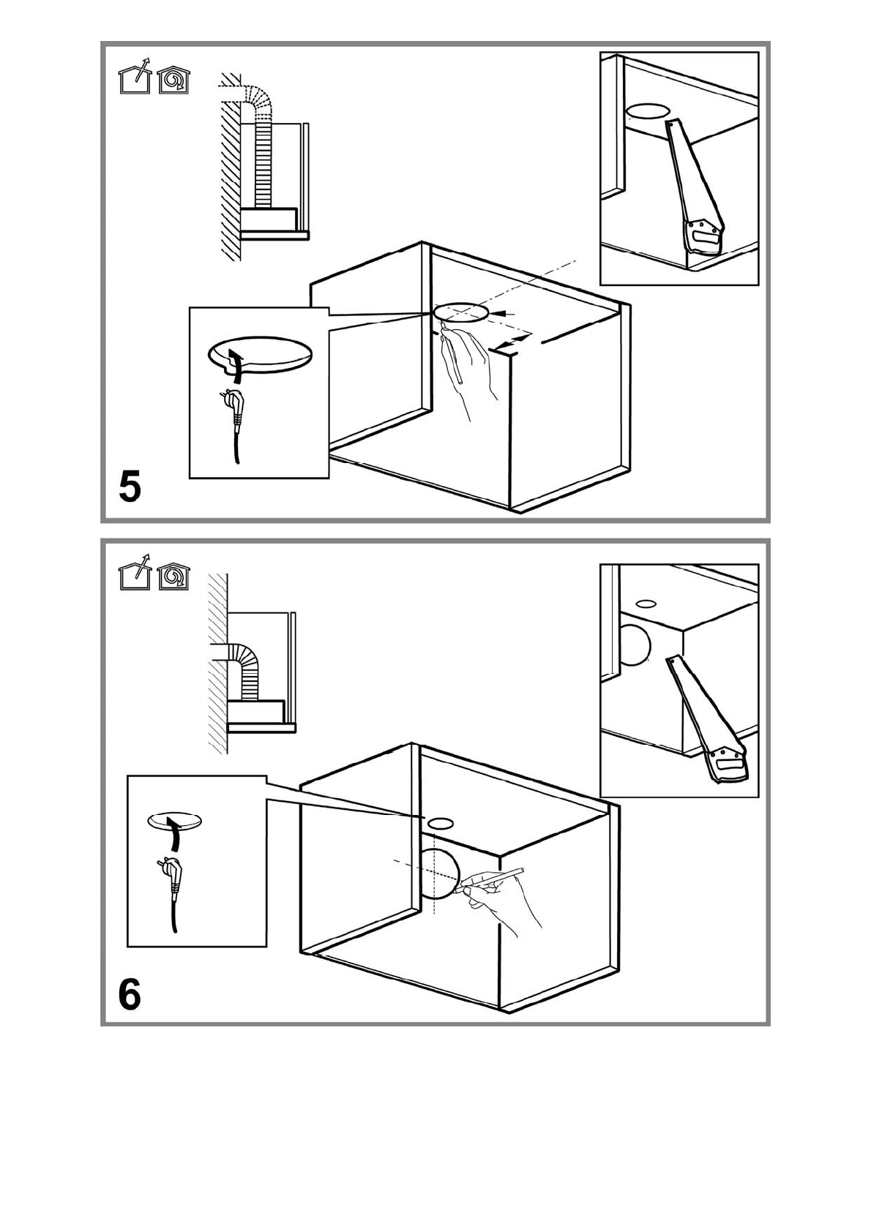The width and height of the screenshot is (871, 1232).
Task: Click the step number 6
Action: coord(130,994)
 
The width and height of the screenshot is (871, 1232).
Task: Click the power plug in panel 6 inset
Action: coord(173,877)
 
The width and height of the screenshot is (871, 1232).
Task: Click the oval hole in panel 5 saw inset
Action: coord(648,111)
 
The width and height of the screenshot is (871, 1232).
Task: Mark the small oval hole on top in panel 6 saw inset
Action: coord(646,604)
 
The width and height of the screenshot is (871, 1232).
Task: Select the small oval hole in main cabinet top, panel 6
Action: coord(438,822)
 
